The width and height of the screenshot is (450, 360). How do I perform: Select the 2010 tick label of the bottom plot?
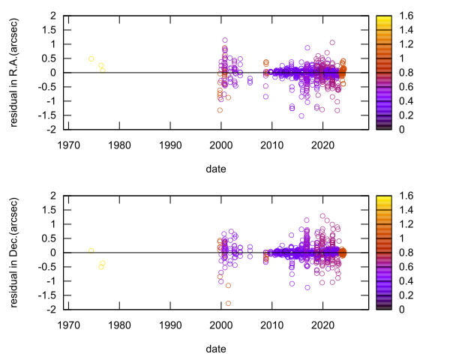tap(271, 325)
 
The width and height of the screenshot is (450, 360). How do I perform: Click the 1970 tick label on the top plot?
tap(67, 145)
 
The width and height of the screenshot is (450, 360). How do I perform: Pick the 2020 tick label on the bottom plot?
tap(322, 325)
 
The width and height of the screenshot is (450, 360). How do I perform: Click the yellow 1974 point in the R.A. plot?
tap(91, 58)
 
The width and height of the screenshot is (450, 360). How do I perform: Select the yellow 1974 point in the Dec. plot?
tap(91, 250)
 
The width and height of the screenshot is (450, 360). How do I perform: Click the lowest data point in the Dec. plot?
tap(228, 303)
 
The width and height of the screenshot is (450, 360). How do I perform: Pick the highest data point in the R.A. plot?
tap(225, 40)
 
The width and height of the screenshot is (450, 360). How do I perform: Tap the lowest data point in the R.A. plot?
tap(301, 115)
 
